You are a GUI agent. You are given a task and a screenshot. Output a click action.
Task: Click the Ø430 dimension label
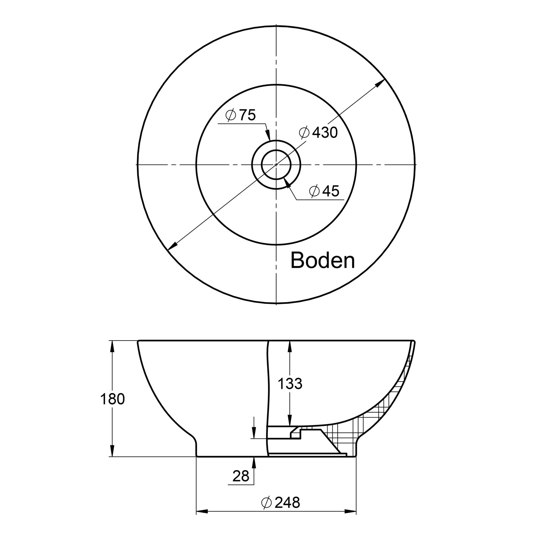click(x=318, y=132)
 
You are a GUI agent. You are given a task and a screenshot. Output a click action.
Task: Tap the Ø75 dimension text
click(x=240, y=115)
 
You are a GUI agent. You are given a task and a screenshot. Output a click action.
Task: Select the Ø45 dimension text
click(x=324, y=191)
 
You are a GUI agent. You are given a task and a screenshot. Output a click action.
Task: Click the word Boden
click(x=323, y=260)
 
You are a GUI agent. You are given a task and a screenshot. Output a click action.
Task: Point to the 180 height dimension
click(x=113, y=399)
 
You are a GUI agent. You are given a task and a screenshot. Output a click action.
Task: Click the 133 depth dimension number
click(x=290, y=384)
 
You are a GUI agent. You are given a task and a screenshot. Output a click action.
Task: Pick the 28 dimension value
click(x=241, y=476)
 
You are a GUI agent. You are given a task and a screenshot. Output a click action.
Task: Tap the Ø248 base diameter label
click(x=281, y=503)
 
